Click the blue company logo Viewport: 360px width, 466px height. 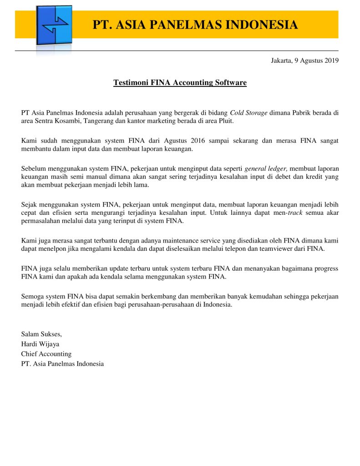click(x=54, y=25)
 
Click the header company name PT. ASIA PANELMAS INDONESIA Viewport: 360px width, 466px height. click(x=195, y=25)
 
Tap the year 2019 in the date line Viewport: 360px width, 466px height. click(x=330, y=60)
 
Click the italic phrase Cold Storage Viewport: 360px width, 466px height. click(x=248, y=112)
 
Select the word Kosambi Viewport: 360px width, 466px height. click(x=71, y=121)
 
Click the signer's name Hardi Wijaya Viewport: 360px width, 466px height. click(x=40, y=344)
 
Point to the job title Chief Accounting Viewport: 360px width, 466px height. click(x=46, y=354)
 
